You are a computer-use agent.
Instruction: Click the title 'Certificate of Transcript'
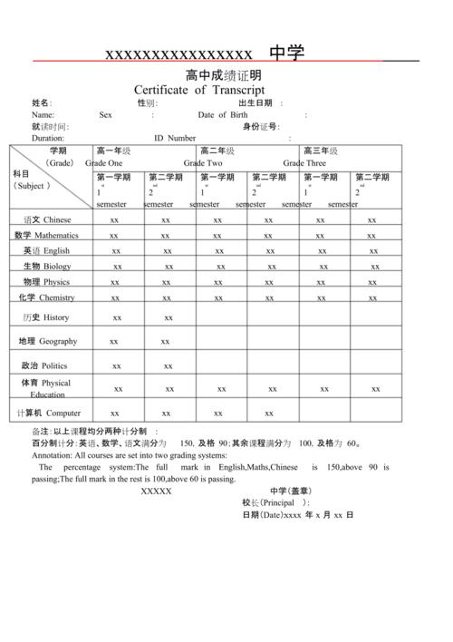click(x=199, y=90)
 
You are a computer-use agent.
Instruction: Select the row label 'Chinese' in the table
click(x=57, y=219)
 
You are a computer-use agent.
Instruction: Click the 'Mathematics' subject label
click(x=56, y=235)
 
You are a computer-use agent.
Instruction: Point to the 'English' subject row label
click(x=56, y=250)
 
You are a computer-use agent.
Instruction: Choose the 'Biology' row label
click(x=56, y=267)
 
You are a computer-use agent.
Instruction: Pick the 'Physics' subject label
click(x=56, y=282)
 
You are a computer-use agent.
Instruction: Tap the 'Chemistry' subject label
click(x=56, y=297)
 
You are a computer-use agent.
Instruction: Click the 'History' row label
click(x=55, y=317)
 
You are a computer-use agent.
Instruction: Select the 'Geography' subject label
click(x=58, y=341)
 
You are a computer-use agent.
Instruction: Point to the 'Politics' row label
click(x=54, y=365)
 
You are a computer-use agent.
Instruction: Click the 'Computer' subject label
click(x=70, y=413)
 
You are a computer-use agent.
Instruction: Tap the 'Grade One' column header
click(x=103, y=163)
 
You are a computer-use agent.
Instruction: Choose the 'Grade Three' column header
click(x=304, y=163)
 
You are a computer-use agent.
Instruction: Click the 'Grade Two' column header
click(x=203, y=163)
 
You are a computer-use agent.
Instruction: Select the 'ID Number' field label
click(x=175, y=139)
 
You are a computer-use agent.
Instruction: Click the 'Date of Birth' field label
click(x=223, y=115)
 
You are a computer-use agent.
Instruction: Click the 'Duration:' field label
click(x=48, y=139)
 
